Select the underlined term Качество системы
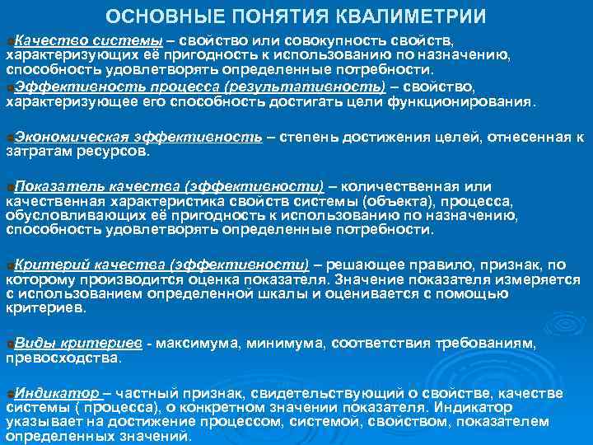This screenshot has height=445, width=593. [88, 41]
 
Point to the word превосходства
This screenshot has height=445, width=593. [62, 358]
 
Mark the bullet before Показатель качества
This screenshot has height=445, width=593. [8, 188]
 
